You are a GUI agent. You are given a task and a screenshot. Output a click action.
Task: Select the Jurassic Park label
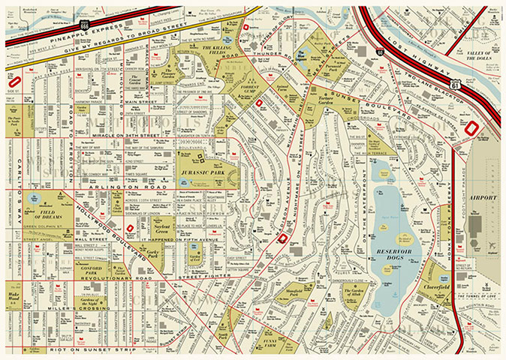(x=203, y=172)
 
